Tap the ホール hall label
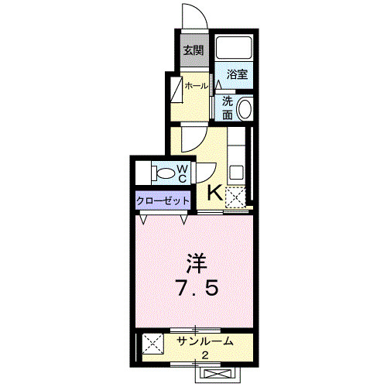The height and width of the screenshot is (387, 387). pyautogui.click(x=196, y=86)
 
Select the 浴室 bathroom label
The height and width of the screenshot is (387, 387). pyautogui.click(x=237, y=74)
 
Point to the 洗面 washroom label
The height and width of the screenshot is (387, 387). pyautogui.click(x=228, y=108)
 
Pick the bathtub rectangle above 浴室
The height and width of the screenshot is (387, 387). pyautogui.click(x=235, y=49)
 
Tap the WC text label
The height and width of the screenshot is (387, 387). pyautogui.click(x=182, y=173)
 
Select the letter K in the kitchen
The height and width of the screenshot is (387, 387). pyautogui.click(x=214, y=193)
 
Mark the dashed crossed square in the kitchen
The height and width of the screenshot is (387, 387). pyautogui.click(x=236, y=197)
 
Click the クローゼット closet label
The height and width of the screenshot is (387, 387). pyautogui.click(x=163, y=200)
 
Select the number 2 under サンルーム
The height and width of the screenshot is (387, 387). pyautogui.click(x=205, y=355)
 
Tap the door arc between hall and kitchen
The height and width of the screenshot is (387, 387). pyautogui.click(x=193, y=139)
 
